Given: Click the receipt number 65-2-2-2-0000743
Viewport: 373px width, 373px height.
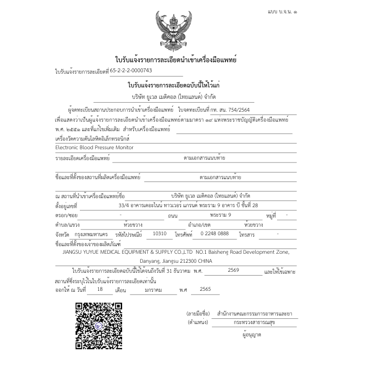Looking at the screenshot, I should (x=131, y=70).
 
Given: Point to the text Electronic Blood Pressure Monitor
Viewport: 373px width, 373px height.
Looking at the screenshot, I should (x=94, y=147).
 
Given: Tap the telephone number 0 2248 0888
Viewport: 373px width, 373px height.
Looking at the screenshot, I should (x=215, y=233).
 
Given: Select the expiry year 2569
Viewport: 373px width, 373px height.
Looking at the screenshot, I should (x=233, y=270).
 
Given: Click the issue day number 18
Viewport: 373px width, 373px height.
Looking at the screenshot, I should (x=100, y=289).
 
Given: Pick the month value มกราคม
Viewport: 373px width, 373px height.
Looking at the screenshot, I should (x=153, y=289).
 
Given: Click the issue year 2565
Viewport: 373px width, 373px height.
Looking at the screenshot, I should (x=205, y=289).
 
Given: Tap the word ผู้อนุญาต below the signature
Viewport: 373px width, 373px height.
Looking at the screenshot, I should (x=251, y=335).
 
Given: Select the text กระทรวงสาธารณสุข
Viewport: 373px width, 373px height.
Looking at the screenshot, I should (x=254, y=322).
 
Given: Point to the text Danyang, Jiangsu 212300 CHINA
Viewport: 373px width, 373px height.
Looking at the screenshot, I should (x=176, y=261).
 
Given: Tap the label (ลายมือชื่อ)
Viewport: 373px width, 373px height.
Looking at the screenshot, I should (x=198, y=314).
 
